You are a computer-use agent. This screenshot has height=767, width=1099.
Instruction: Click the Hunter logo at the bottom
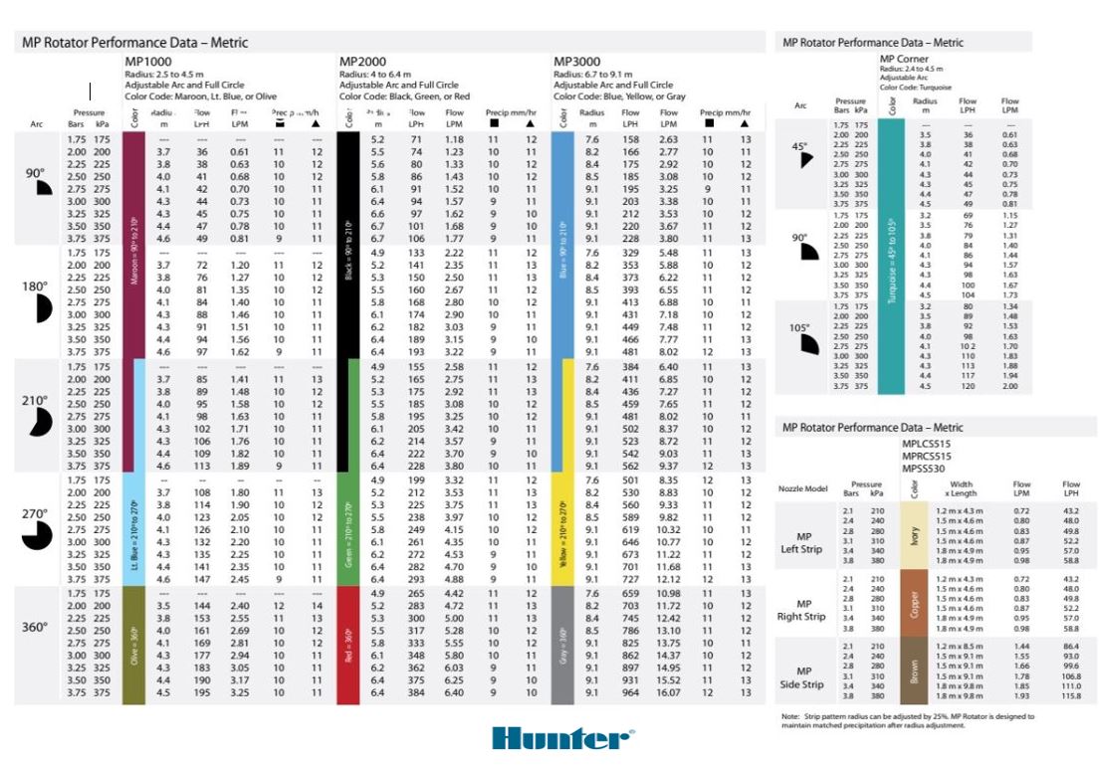click(x=562, y=738)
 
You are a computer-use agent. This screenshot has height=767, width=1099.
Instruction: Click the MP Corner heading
click(x=905, y=59)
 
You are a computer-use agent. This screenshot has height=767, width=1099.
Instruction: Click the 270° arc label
click(x=35, y=514)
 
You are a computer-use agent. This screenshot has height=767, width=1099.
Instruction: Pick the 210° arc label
click(x=35, y=401)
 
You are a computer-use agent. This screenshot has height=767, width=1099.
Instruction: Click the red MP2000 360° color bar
click(x=348, y=647)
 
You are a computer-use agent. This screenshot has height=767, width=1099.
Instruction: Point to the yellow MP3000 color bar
click(x=564, y=529)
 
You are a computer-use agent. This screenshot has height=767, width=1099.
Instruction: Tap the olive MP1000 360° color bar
click(x=134, y=647)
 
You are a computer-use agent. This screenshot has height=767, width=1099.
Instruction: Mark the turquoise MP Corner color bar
click(x=892, y=259)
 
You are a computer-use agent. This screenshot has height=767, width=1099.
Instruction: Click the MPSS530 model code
click(x=924, y=468)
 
